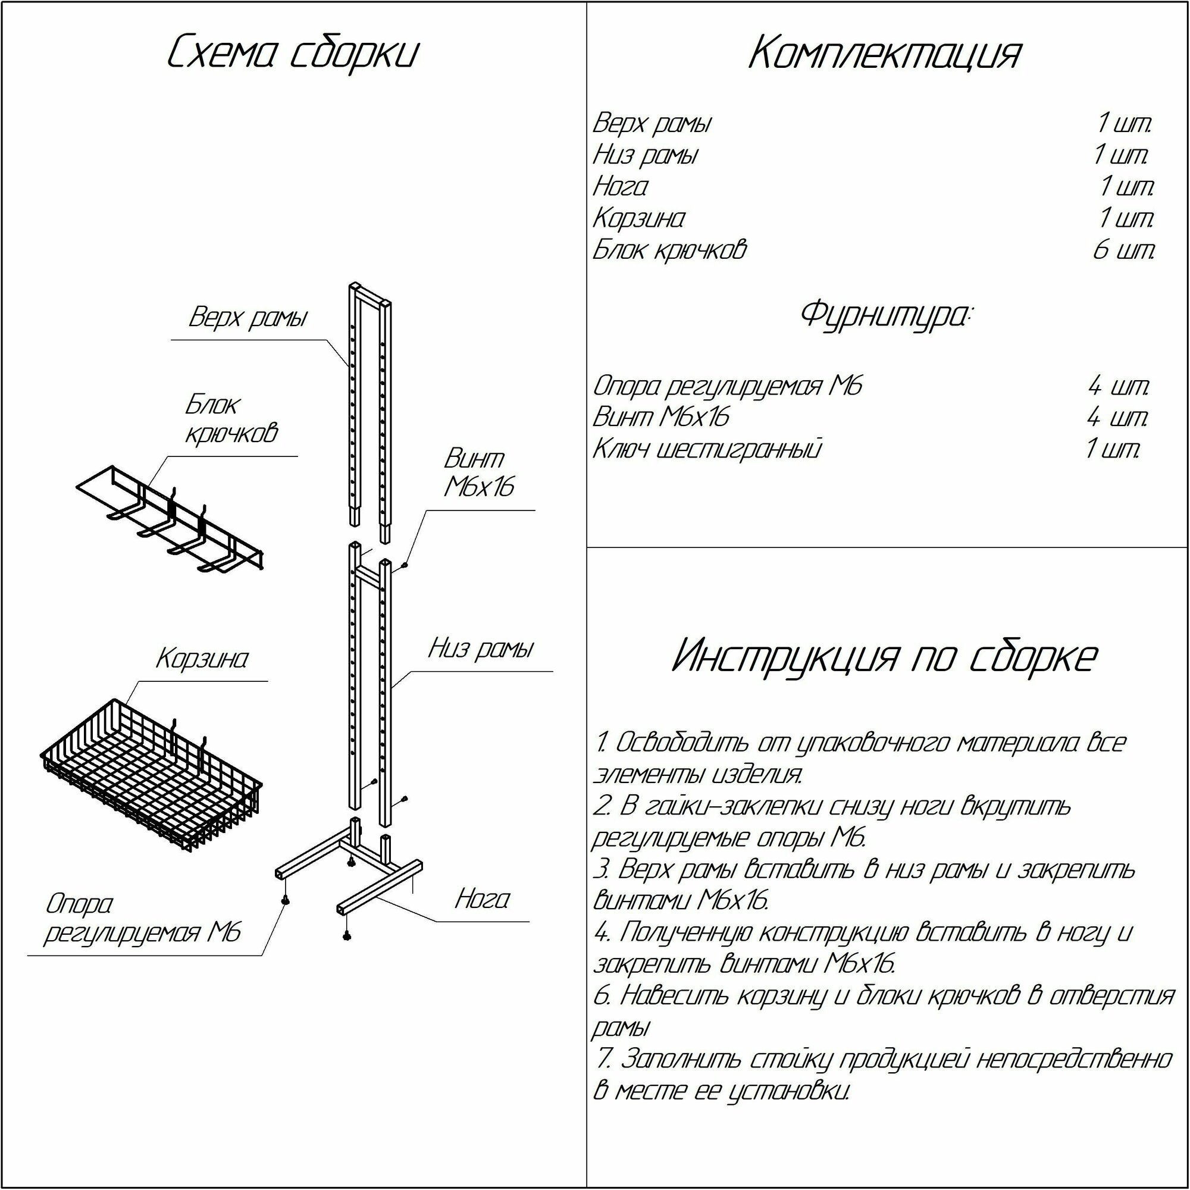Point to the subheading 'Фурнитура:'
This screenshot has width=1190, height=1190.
pos(885,315)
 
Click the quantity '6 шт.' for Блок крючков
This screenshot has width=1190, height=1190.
pos(1123,250)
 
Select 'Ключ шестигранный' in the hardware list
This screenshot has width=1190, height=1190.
pos(706,449)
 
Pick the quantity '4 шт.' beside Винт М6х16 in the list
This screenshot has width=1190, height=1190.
pos(1117,417)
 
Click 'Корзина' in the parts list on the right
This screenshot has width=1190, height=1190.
pos(638,218)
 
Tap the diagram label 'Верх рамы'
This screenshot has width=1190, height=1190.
pos(248,318)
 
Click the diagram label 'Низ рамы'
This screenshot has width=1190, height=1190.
pos(481,649)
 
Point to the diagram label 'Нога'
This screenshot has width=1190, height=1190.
pos(483,900)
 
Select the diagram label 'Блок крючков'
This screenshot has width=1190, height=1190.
pos(231,419)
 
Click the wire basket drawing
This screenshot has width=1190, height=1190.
pos(151,776)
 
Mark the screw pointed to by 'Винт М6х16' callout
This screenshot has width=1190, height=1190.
pos(405,563)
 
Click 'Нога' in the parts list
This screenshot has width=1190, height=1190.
pos(620,186)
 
